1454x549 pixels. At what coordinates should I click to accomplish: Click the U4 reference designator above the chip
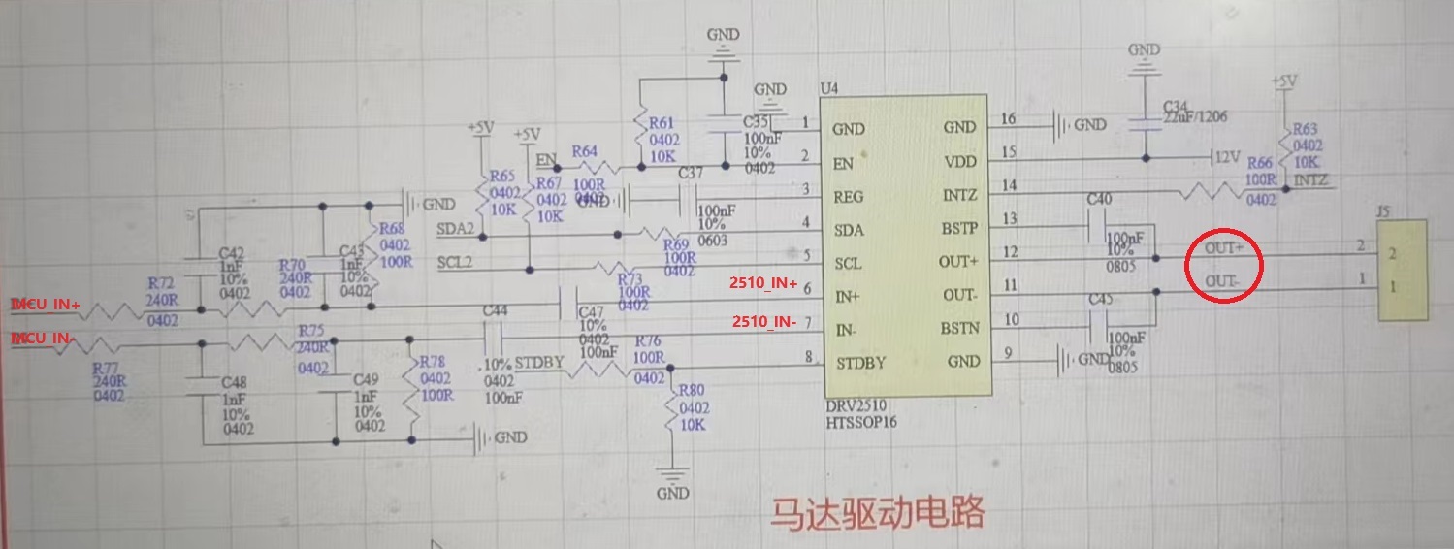pos(829,88)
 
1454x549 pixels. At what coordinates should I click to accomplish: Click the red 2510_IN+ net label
pos(763,283)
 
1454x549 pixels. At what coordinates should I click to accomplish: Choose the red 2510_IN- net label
pos(763,321)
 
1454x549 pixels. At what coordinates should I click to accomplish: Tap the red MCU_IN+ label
pos(46,305)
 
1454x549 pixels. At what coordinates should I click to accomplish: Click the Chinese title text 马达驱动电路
pos(877,512)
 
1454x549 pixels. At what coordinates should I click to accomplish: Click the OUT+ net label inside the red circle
pos(1224,248)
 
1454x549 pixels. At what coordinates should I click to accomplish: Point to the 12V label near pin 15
pos(1228,156)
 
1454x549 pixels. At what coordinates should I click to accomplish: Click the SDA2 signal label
pos(455,229)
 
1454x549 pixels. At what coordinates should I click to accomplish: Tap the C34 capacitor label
pos(1176,104)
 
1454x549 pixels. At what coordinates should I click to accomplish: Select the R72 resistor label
pos(161,282)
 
